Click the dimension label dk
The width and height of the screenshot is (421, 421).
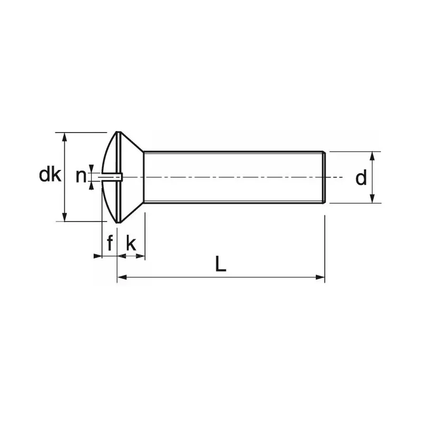[51, 175]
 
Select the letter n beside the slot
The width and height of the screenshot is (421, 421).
[81, 176]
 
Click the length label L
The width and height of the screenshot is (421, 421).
[221, 264]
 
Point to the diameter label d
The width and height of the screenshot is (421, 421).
[360, 178]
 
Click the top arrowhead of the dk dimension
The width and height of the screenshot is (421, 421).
[65, 136]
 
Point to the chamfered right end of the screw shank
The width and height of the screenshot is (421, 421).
[324, 177]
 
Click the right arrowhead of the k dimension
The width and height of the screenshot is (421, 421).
[141, 256]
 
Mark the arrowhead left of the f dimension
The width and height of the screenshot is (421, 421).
[97, 256]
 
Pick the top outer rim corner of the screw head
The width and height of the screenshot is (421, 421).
[118, 132]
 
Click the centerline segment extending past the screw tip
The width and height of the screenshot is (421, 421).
[337, 177]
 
